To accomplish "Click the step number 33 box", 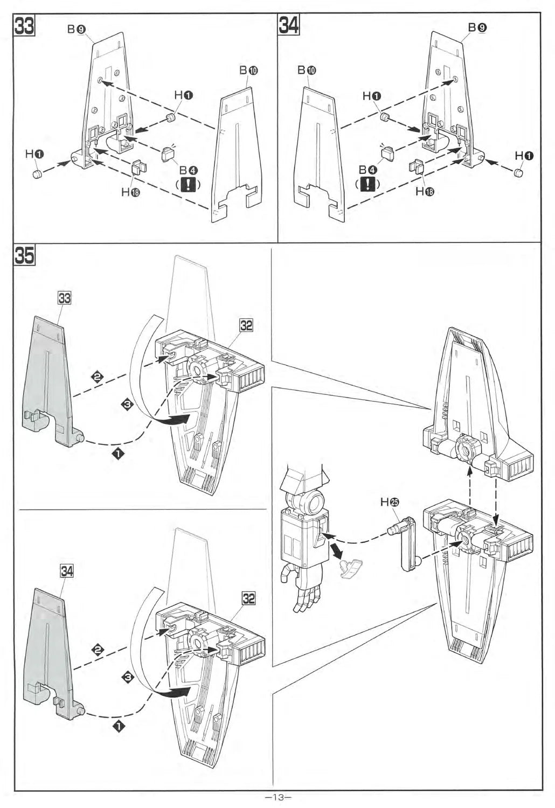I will coord(25,25).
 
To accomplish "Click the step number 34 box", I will coord(289,25).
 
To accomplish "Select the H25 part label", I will coord(390,502).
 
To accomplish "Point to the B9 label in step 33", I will coord(75,30).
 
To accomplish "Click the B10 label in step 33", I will coord(248,71).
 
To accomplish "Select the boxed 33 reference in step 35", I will coord(64,297).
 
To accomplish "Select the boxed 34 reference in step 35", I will coord(66,571).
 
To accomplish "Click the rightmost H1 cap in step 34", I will coord(519,172).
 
